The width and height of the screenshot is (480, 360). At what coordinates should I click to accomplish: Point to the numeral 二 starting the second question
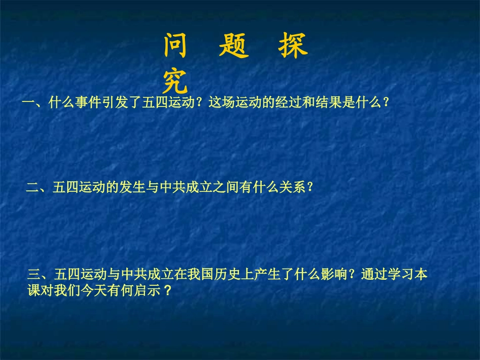(32, 188)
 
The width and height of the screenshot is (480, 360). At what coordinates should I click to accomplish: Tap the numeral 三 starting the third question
(34, 275)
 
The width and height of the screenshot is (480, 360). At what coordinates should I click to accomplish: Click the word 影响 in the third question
(337, 275)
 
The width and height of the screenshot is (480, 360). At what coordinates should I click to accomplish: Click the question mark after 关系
(310, 188)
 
